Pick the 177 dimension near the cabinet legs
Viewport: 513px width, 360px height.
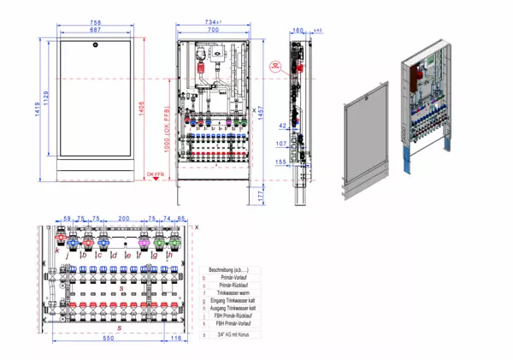click(x=262, y=196)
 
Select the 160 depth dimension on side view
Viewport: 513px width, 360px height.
click(x=298, y=30)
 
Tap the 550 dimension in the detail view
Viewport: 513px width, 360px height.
click(x=104, y=339)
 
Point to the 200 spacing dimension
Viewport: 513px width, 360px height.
click(x=123, y=219)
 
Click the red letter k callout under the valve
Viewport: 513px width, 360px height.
click(x=56, y=251)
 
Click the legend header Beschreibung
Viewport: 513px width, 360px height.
click(x=231, y=269)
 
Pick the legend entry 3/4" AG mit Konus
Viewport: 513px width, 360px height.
click(x=231, y=334)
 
